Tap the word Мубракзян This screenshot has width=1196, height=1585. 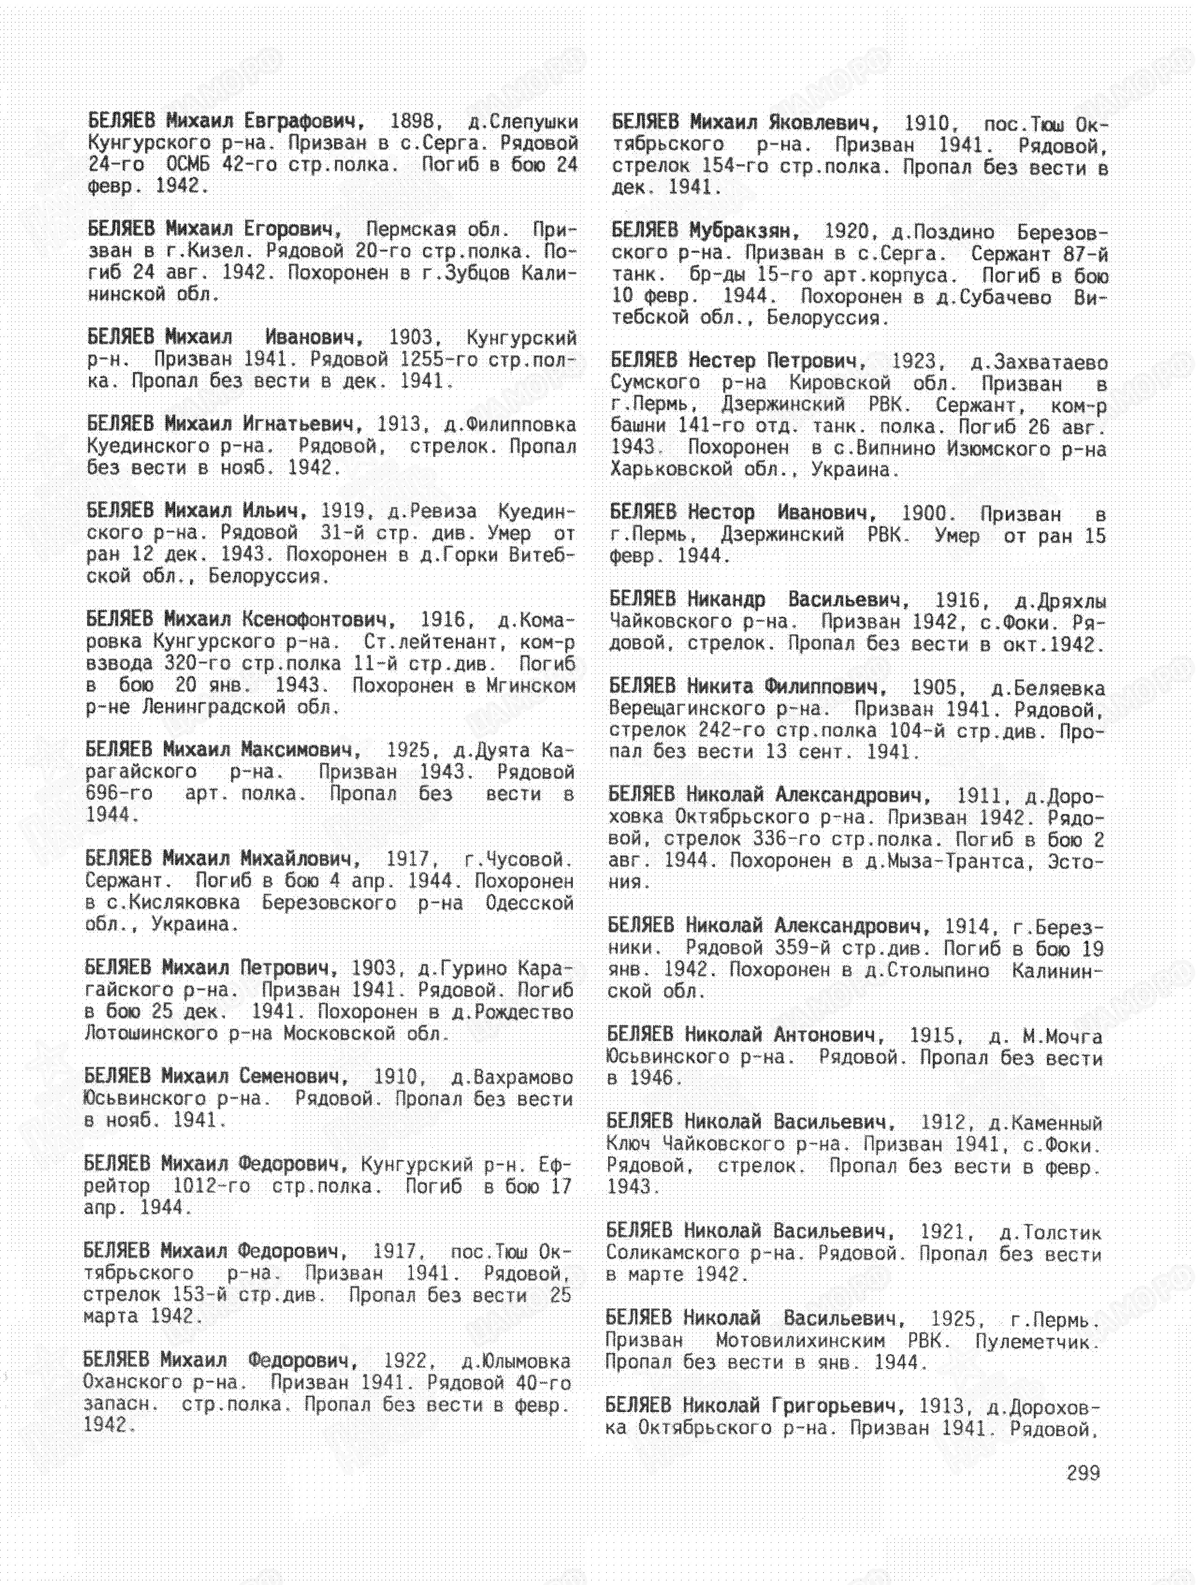(x=743, y=231)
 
